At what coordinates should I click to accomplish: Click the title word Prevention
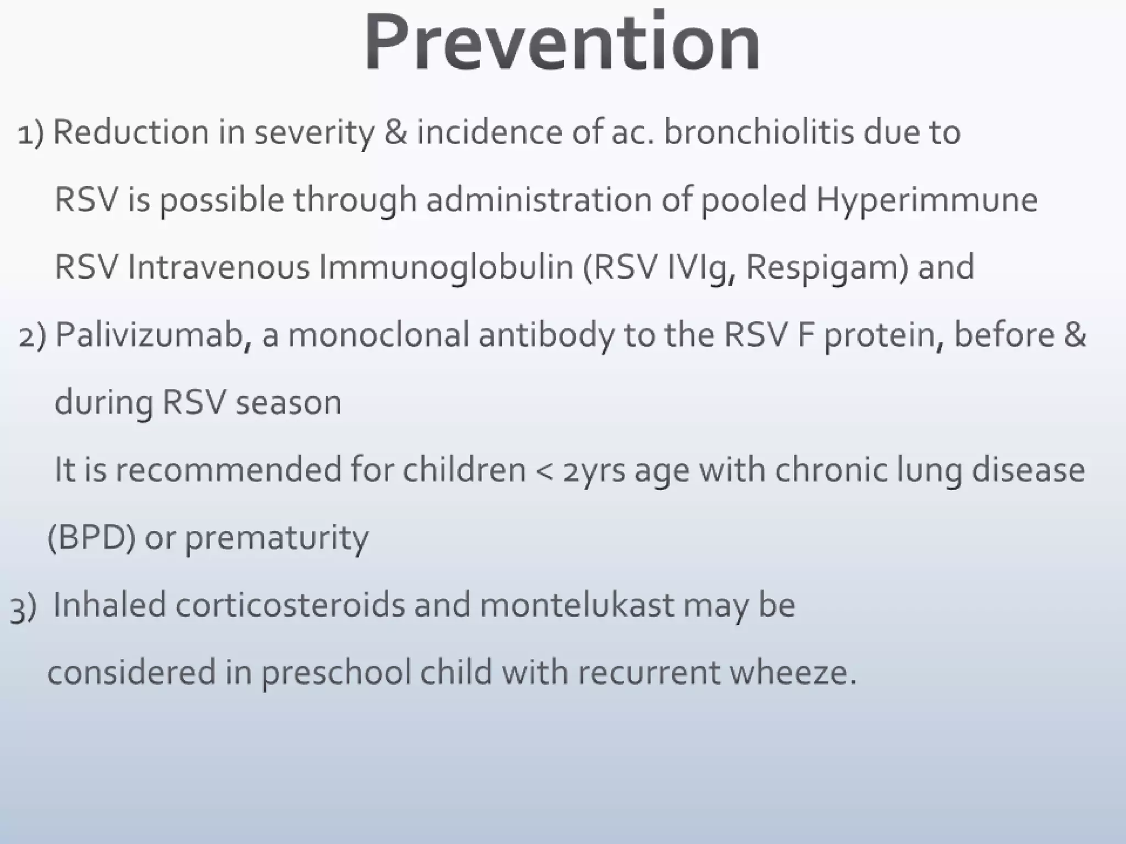[562, 43]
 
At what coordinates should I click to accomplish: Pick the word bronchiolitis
[759, 133]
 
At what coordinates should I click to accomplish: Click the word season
[289, 403]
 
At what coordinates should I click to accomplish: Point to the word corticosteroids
[290, 606]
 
